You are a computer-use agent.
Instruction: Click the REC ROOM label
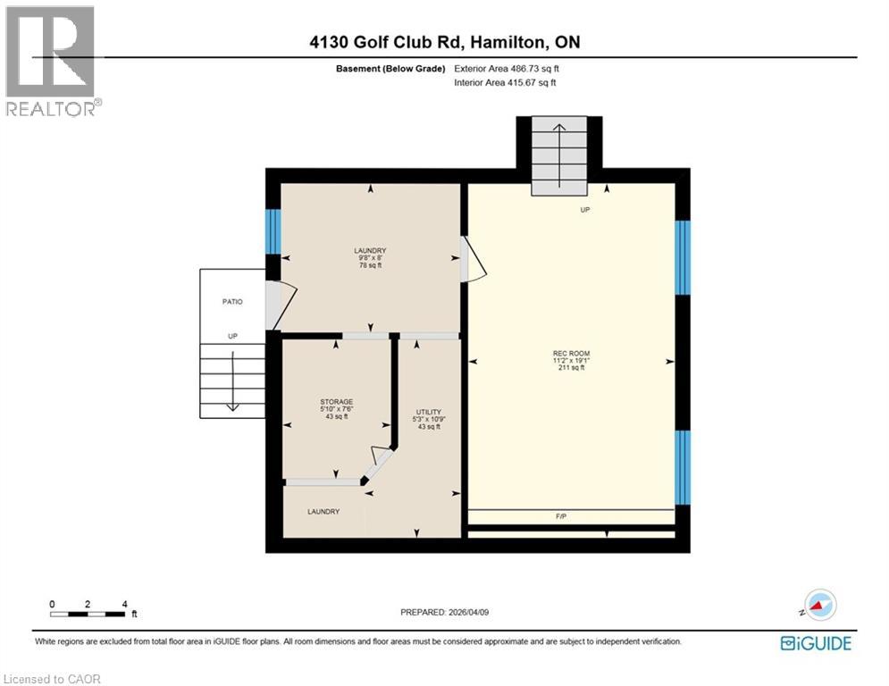[571, 354]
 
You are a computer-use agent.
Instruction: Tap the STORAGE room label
[337, 402]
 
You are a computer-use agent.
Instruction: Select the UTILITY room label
[428, 412]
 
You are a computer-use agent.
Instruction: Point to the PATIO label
[232, 302]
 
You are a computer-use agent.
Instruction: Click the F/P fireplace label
[561, 516]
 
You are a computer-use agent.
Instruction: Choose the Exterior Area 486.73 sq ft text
[507, 68]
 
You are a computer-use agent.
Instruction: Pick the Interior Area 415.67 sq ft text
[505, 83]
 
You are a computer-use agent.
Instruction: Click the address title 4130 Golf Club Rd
[438, 42]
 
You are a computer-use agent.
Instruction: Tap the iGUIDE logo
[815, 643]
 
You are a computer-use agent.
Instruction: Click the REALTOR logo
[51, 61]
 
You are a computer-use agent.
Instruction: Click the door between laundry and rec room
[472, 258]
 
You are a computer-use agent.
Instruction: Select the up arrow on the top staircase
[561, 153]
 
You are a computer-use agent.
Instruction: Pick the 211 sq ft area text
[571, 368]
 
